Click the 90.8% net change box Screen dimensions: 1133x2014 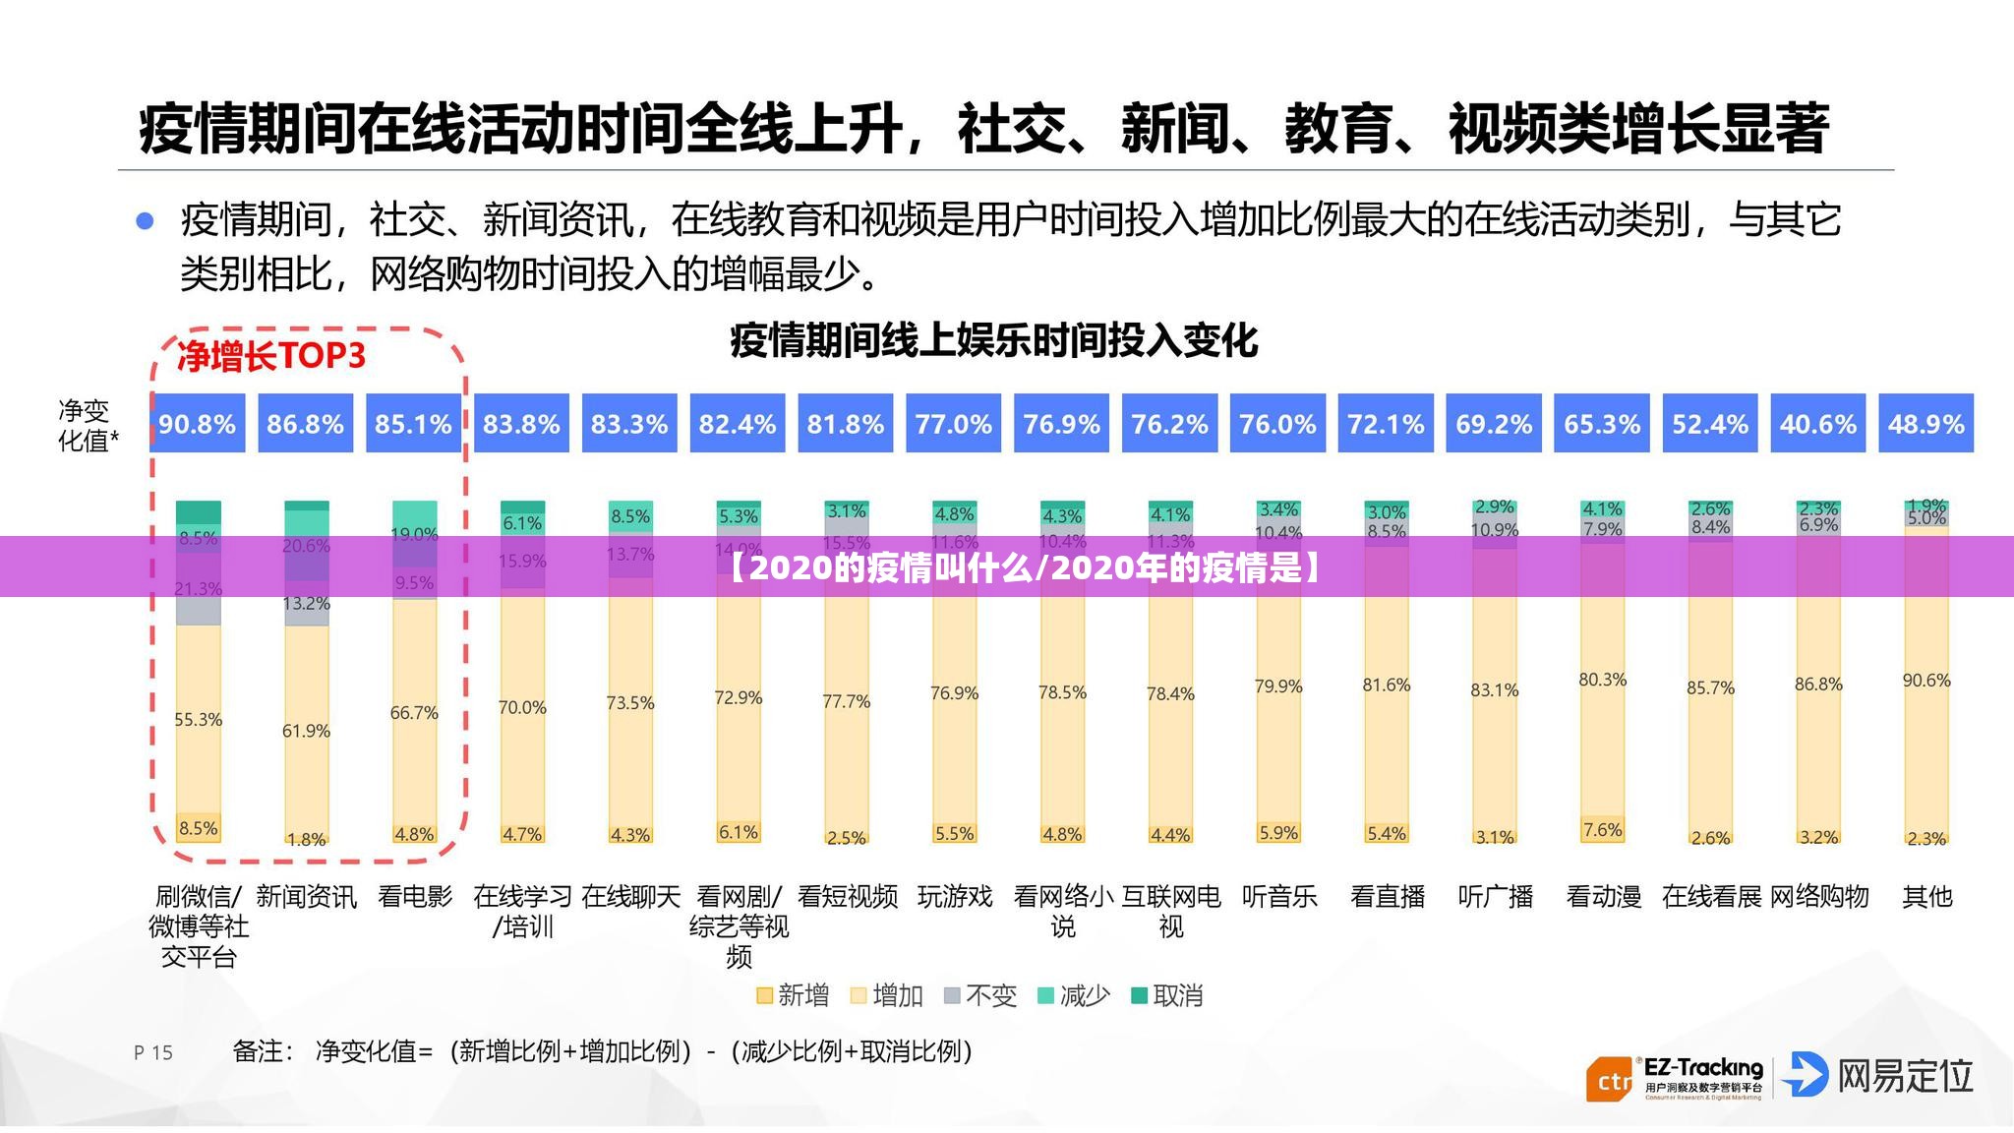(197, 424)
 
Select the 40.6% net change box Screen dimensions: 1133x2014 (1817, 424)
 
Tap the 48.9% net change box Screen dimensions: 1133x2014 (1925, 424)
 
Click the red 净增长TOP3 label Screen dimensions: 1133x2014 (271, 356)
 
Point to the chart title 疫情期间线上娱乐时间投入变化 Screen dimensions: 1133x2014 (993, 341)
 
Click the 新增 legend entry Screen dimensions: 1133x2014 (793, 996)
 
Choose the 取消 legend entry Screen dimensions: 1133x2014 (1167, 996)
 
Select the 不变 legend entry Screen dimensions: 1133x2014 (979, 996)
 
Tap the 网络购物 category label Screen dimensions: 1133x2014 (1819, 897)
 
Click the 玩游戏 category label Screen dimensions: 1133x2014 (955, 897)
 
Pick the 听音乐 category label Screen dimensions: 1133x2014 (1279, 897)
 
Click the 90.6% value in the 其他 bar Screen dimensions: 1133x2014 (1925, 681)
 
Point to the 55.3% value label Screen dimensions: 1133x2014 (199, 720)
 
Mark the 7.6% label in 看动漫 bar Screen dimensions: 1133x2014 (1602, 830)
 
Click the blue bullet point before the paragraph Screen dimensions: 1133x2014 (145, 220)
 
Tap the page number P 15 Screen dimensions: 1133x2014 (153, 1052)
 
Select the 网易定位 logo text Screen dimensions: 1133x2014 (1905, 1076)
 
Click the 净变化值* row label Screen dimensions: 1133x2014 (88, 425)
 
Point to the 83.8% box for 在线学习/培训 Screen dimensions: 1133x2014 (521, 424)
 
